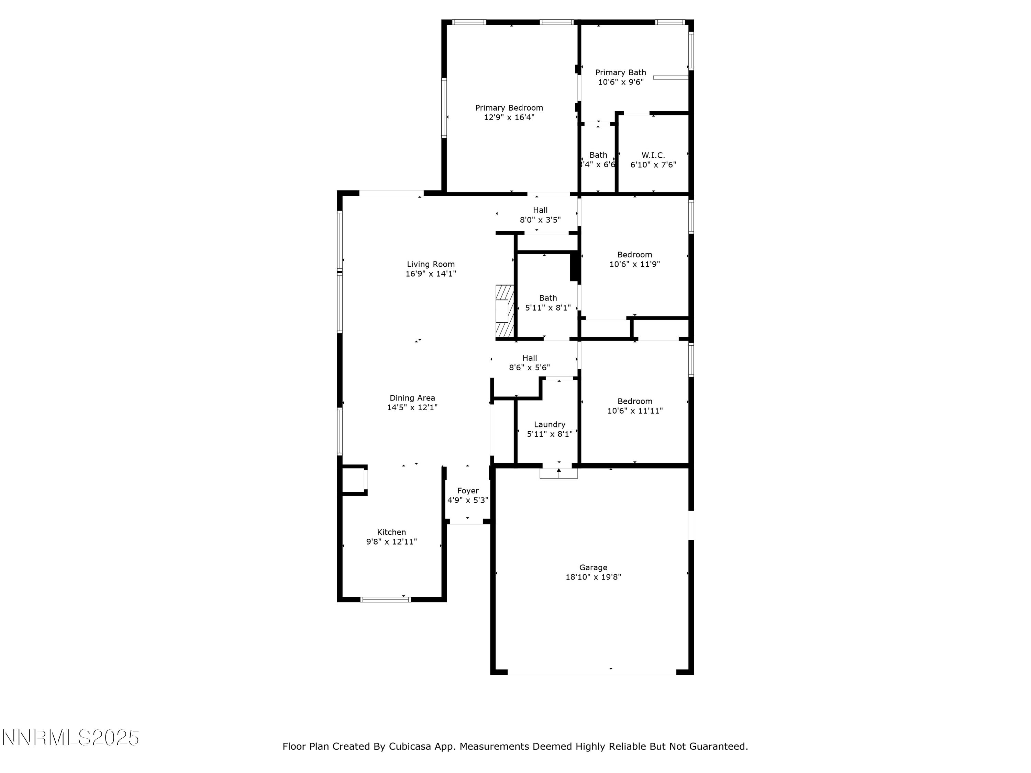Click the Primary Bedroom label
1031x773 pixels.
509,108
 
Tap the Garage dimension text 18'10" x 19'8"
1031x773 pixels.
593,577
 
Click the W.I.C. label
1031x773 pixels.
653,155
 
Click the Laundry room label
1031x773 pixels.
549,425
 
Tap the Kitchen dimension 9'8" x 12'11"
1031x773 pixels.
391,541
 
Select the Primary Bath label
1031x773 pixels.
620,73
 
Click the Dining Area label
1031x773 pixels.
412,398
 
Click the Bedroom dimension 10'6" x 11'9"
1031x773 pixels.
634,264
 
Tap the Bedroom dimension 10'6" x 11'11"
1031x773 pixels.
634,411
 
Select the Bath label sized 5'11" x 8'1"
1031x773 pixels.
548,298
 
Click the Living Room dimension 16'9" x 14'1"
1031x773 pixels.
430,274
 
